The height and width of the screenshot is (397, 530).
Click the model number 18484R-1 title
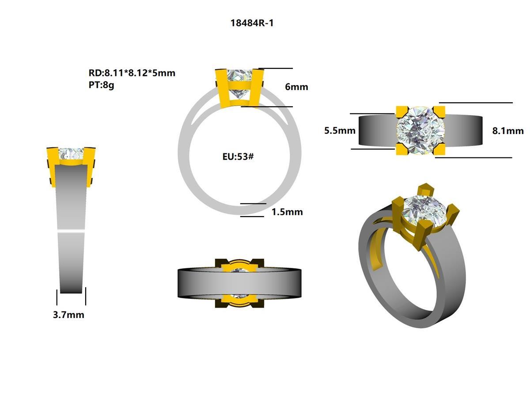coord(252,23)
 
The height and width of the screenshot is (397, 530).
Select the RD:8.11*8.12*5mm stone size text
coord(132,73)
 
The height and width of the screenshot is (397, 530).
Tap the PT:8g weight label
coord(101,85)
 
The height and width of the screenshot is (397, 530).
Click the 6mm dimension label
coord(296,87)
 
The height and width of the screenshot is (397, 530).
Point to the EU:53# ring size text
coord(238,156)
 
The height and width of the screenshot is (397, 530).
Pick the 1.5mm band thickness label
coord(287,212)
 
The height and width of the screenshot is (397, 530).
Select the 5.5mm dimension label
coord(340,131)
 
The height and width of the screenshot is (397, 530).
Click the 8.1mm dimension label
coord(508,131)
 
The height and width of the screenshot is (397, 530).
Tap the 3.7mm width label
coord(68,315)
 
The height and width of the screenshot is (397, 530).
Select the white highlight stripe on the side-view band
coord(71,231)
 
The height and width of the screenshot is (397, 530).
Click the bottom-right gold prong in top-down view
coord(439,150)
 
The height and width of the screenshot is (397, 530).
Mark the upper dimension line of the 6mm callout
coord(276,68)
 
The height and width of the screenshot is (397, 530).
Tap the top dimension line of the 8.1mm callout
coord(475,103)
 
